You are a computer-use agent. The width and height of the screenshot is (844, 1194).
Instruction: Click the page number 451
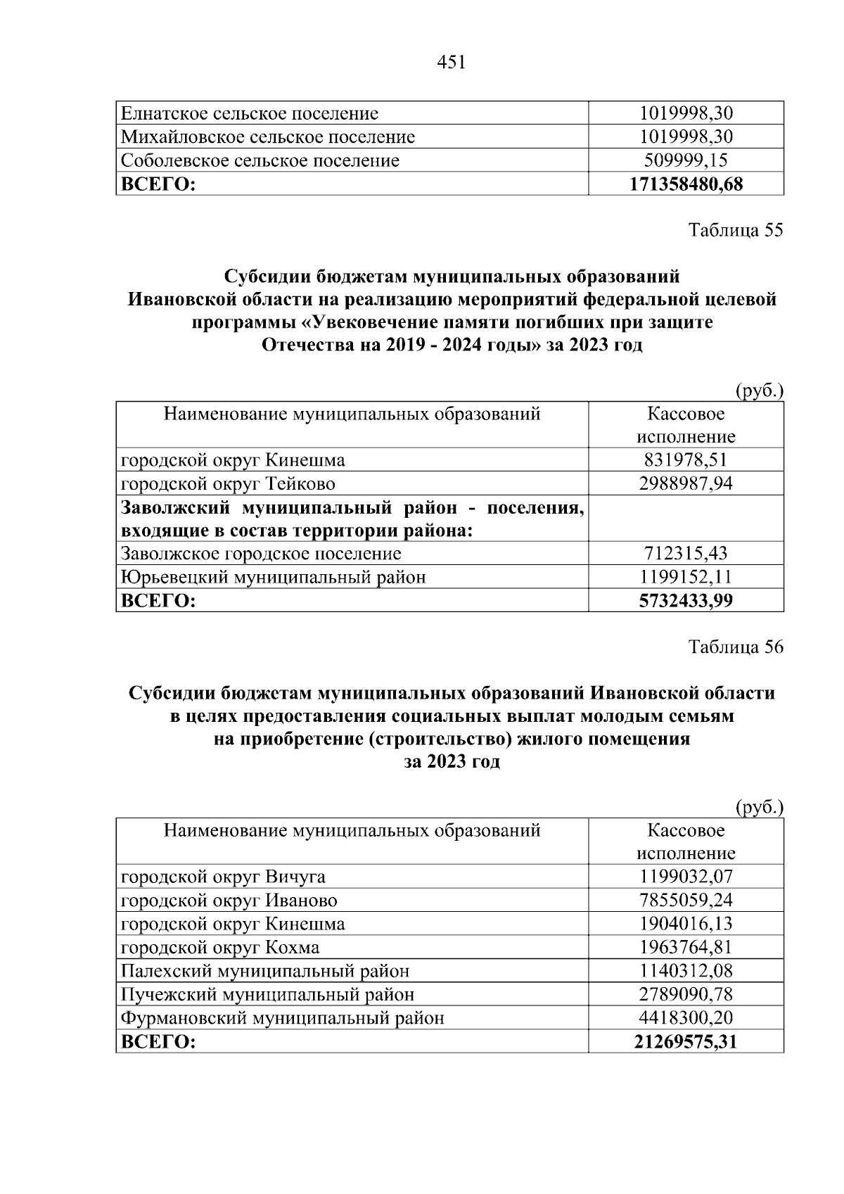452,63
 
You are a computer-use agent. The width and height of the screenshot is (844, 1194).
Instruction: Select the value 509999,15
686,160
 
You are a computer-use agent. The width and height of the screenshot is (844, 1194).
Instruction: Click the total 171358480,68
686,184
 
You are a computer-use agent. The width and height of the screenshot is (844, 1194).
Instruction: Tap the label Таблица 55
735,230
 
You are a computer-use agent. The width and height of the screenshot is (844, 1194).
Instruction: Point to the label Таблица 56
735,647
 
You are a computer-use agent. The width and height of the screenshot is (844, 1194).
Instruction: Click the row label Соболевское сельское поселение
260,160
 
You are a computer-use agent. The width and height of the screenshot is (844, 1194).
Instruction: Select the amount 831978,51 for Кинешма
686,460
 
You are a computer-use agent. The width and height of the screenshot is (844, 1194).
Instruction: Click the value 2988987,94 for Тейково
686,483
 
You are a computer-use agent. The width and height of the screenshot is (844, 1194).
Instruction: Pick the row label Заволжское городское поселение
261,554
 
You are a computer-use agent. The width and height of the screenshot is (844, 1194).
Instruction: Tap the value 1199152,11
686,577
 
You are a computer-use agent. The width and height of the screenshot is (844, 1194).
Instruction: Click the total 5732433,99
686,600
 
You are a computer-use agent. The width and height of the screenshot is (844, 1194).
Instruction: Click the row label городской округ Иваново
229,900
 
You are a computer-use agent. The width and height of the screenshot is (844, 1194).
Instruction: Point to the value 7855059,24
686,900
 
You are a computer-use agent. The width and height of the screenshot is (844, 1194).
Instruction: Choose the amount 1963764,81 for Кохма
686,947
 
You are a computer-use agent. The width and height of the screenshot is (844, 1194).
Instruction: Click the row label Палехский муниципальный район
265,971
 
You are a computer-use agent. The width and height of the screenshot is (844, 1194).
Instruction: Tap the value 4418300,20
686,1017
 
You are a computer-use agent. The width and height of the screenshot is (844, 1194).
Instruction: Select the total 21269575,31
686,1041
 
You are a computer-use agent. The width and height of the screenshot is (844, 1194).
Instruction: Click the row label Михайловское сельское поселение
268,136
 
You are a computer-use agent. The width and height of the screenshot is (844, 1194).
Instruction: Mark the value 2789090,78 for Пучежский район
686,994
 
